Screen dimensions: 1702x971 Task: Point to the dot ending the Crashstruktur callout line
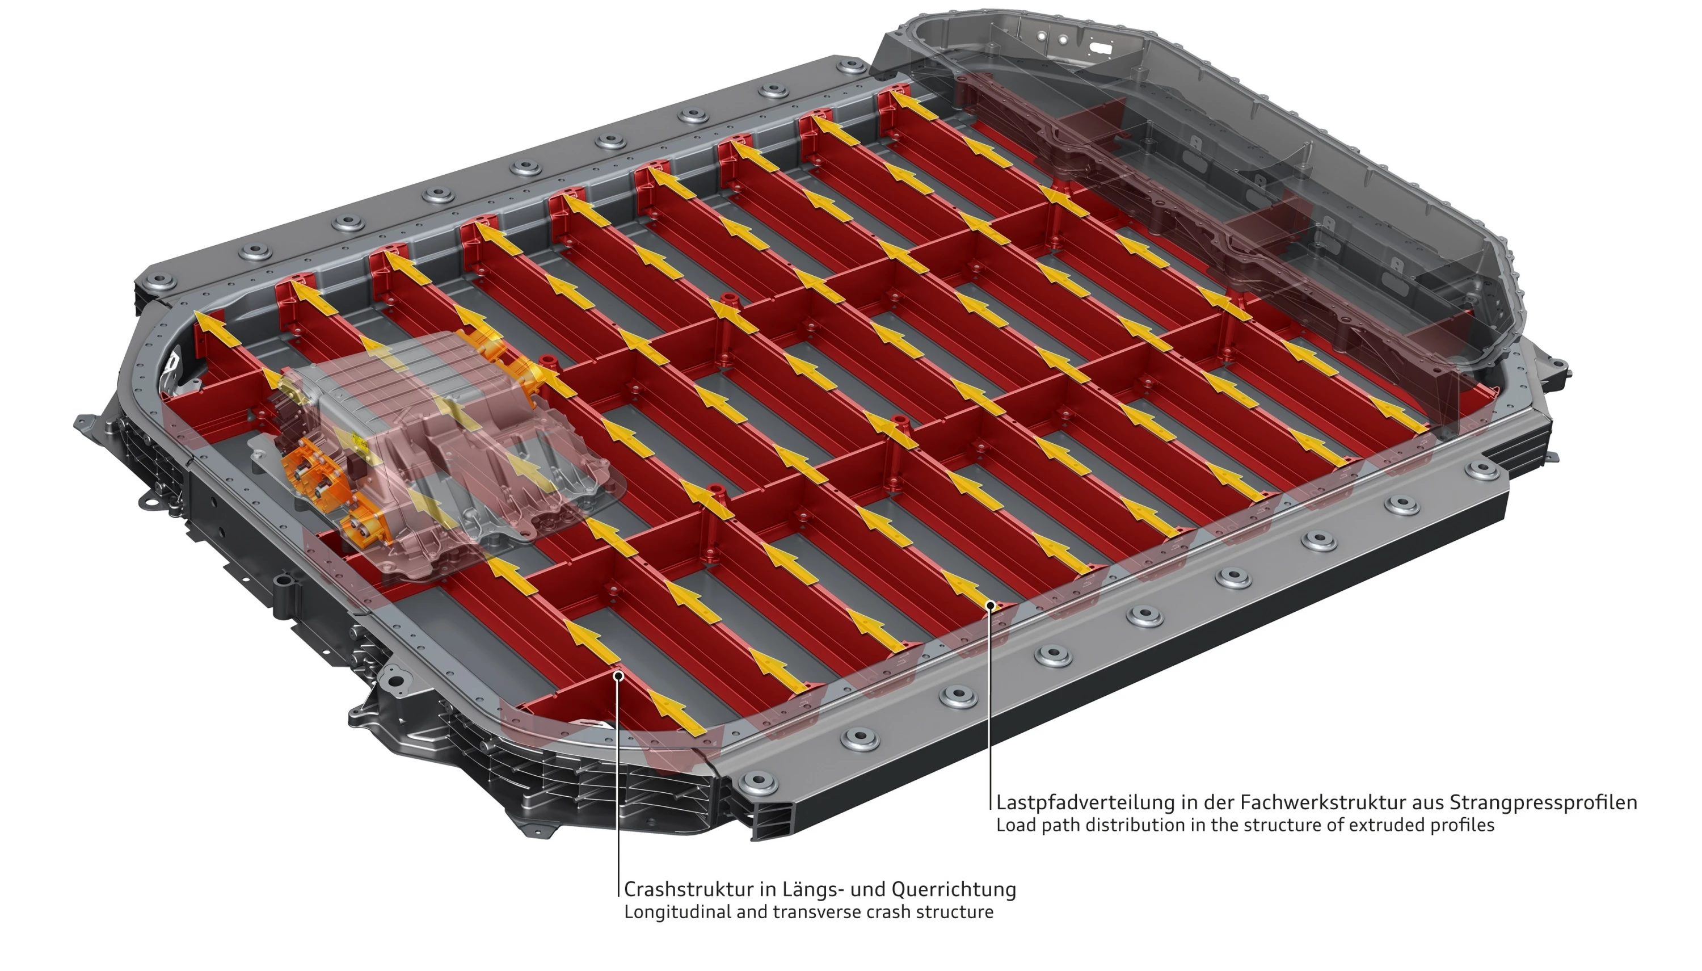pyautogui.click(x=618, y=675)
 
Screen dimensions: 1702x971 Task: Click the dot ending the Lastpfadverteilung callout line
pyautogui.click(x=991, y=605)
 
